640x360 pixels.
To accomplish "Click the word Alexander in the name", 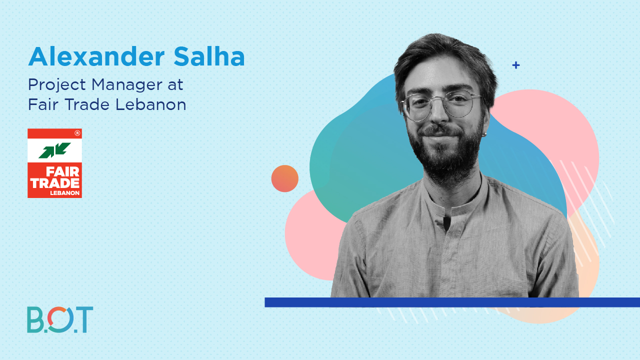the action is coord(96,56).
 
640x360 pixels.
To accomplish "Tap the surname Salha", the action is coord(209,56).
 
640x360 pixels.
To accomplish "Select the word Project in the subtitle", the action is coord(57,85).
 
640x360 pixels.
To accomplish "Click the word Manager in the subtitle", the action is coord(127,85).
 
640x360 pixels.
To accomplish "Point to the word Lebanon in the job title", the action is coord(151,104).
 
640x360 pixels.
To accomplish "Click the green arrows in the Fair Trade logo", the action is coord(54,150).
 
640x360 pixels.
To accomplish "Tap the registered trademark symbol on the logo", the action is coord(77,133).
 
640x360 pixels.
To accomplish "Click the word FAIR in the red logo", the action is coord(62,171).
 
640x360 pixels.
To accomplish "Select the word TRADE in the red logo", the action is coord(55,183).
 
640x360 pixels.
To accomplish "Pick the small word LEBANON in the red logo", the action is coord(65,193).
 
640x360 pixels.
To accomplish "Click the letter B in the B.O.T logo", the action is coord(35,319).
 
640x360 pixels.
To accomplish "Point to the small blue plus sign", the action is coord(515,65).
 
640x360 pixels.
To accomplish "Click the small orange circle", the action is coord(285,178).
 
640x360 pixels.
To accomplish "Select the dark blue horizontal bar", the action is coord(452,302).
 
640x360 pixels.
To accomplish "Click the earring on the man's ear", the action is coord(483,134).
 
